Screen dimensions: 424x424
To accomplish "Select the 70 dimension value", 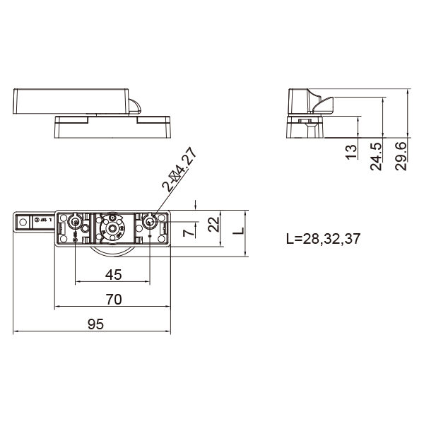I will click(113, 299).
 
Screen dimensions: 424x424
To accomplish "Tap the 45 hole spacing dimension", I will click(113, 274).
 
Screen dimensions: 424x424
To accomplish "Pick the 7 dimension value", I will click(188, 231).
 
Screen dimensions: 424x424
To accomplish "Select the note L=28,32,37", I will click(323, 238).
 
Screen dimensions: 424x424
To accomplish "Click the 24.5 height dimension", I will click(376, 155).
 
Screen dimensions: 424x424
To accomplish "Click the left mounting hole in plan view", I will click(75, 223).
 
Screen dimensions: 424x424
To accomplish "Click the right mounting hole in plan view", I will click(150, 222).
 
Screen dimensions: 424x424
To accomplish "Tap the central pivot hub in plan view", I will click(111, 229).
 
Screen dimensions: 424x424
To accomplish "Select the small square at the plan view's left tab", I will click(23, 222).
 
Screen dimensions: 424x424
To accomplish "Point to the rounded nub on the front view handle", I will click(134, 107).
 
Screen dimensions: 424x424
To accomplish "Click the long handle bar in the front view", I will click(71, 100).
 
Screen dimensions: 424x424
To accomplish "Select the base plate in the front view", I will click(113, 128).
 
